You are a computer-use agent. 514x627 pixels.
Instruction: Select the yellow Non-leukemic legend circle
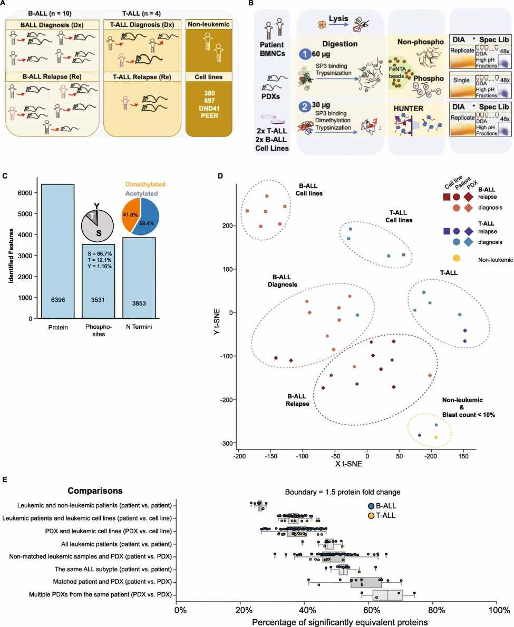(456, 259)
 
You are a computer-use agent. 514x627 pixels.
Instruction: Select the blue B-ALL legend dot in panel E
(372, 506)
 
